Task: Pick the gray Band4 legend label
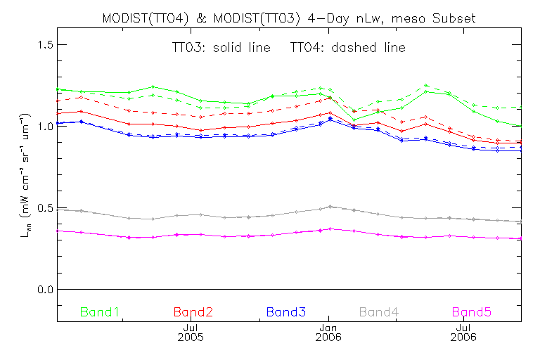[x=385, y=311]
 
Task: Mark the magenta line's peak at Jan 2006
[x=330, y=229]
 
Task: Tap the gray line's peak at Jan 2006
[x=330, y=207]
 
